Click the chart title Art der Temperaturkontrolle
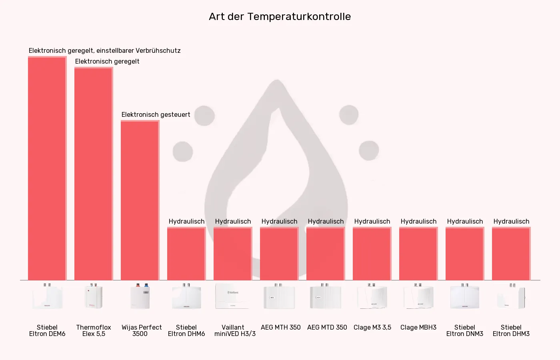tap(280, 16)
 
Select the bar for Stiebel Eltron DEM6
tap(47, 168)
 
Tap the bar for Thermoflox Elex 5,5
tap(93, 174)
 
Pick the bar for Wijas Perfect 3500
tap(140, 200)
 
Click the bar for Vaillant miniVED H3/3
tap(232, 254)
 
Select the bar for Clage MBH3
tap(418, 254)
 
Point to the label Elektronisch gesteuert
tap(156, 114)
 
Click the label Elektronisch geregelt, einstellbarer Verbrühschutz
tap(104, 50)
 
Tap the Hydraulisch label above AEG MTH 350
tap(279, 221)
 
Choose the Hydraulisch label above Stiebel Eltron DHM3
tap(511, 221)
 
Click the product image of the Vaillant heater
tap(232, 296)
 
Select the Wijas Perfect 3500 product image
tap(140, 296)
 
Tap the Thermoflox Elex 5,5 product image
tap(94, 296)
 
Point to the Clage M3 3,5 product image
tap(372, 296)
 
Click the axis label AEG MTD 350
tap(327, 327)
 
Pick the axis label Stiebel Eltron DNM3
tap(464, 330)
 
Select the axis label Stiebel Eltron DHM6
tap(186, 330)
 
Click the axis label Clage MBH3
tap(418, 327)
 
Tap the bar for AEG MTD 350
tap(325, 254)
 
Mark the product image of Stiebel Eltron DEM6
tap(47, 296)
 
